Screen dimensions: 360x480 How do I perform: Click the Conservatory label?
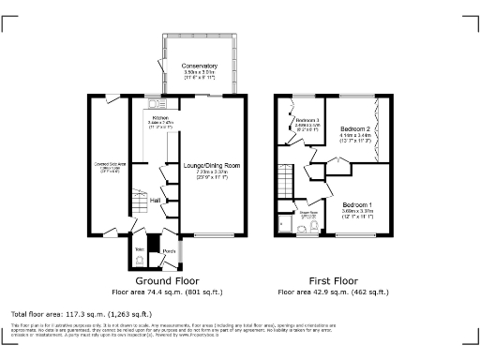200,65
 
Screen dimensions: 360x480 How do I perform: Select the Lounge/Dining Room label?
211,165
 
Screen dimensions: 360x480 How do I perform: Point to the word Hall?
157,201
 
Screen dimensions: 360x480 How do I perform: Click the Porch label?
169,250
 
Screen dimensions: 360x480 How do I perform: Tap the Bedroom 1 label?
356,204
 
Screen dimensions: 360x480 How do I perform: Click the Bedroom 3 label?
307,121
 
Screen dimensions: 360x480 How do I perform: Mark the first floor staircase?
288,175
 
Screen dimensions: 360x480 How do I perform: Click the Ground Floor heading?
168,280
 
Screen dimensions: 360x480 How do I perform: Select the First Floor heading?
334,280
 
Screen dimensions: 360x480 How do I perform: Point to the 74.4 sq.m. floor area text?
168,292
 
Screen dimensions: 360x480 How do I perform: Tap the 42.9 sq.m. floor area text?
334,292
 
